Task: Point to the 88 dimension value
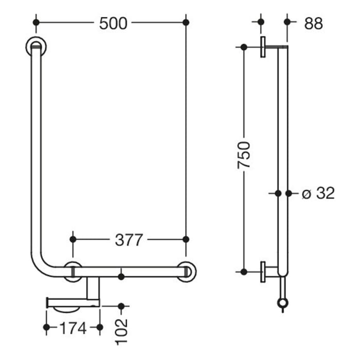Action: click(x=313, y=23)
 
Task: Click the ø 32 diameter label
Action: click(x=318, y=193)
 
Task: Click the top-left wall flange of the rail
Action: click(x=35, y=47)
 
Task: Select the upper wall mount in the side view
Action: click(x=264, y=47)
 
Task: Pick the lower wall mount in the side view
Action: click(x=264, y=272)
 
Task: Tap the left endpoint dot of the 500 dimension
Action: click(x=35, y=23)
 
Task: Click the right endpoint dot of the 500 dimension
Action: click(x=186, y=23)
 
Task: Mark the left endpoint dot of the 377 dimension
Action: click(x=73, y=239)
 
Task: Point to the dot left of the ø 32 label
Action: click(x=278, y=193)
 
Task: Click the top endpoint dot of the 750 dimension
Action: click(x=243, y=47)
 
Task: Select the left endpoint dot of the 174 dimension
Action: click(x=47, y=327)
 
